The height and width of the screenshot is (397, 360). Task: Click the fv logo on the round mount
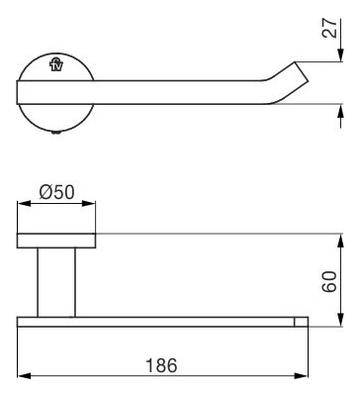click(x=56, y=64)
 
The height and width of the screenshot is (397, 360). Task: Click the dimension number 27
click(x=330, y=29)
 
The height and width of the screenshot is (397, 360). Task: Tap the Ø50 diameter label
click(x=56, y=192)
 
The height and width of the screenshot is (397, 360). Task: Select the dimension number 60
click(x=329, y=281)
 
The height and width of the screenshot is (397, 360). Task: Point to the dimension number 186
click(x=161, y=365)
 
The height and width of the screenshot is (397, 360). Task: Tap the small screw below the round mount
click(x=56, y=133)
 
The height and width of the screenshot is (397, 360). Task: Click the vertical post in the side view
click(x=56, y=282)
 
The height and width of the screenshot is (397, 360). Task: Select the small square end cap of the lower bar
click(x=301, y=322)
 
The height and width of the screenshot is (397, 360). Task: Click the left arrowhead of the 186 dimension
click(x=24, y=376)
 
